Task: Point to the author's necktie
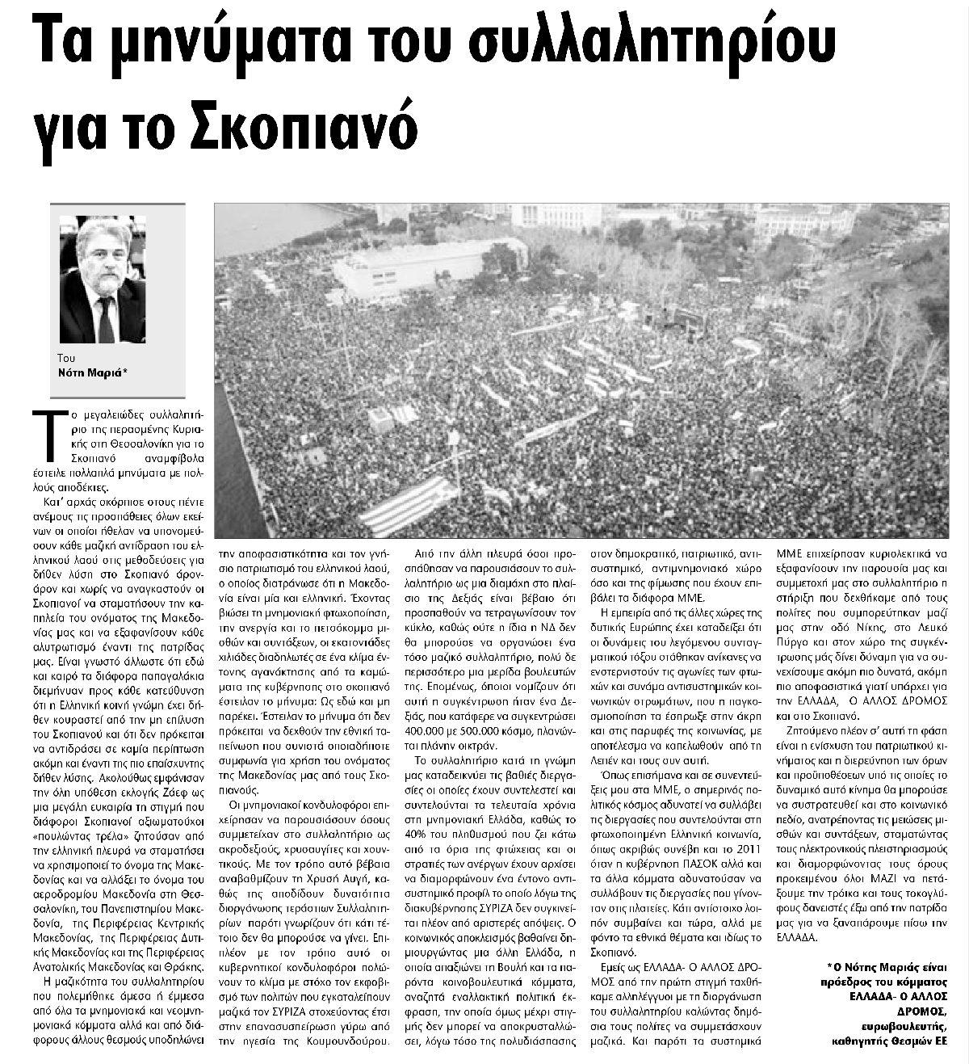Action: click(x=105, y=318)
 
